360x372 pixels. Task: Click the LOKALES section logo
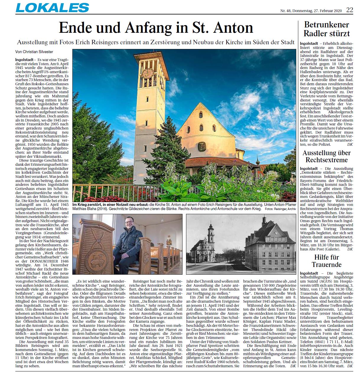click(x=52, y=8)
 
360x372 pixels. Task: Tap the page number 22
click(x=349, y=10)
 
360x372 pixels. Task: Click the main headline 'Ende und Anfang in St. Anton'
click(x=156, y=28)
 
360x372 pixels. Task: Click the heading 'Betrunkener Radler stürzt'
click(x=327, y=29)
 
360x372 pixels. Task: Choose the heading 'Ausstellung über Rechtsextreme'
click(x=327, y=156)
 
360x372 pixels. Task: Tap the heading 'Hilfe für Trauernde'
click(x=327, y=260)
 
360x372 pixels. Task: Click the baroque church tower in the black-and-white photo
click(x=211, y=236)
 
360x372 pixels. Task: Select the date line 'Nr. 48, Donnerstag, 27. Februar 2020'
click(x=311, y=11)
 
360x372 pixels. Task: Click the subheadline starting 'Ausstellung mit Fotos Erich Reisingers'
click(x=156, y=42)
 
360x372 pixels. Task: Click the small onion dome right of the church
click(x=258, y=162)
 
